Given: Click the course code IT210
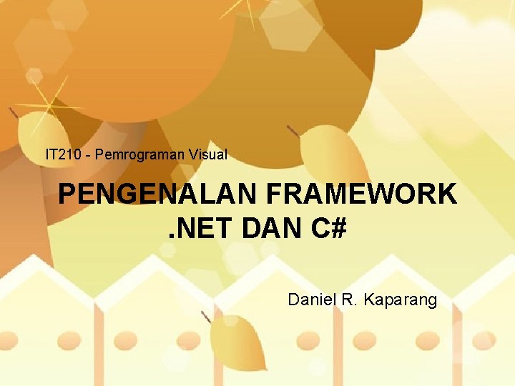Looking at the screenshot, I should click(61, 154).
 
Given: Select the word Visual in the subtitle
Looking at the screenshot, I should click(208, 154).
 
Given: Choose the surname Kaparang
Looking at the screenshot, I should click(400, 300).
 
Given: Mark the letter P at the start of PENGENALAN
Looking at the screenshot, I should click(67, 194).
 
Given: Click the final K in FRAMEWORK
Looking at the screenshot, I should click(446, 194).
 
